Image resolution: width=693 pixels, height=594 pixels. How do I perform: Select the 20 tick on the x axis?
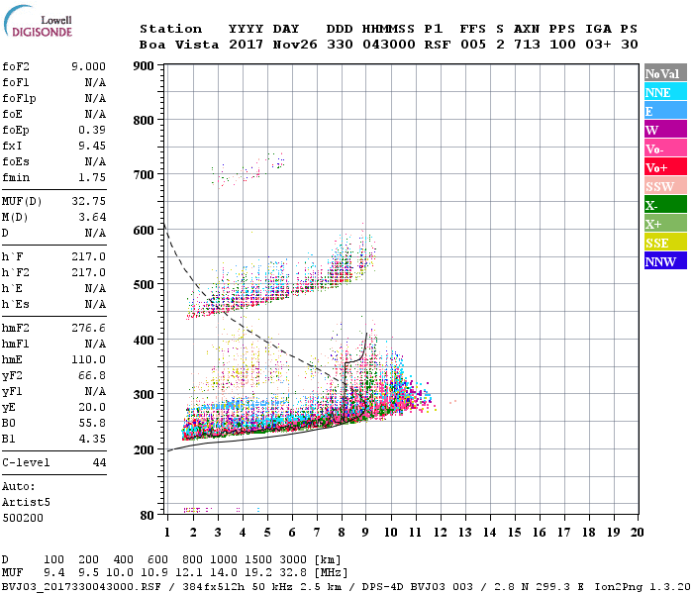[x=638, y=533]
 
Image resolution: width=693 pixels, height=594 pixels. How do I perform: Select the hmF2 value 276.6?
[x=88, y=326]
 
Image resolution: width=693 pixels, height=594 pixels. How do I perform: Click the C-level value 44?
[x=98, y=462]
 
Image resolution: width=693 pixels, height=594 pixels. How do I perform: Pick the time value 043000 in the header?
[x=389, y=45]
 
